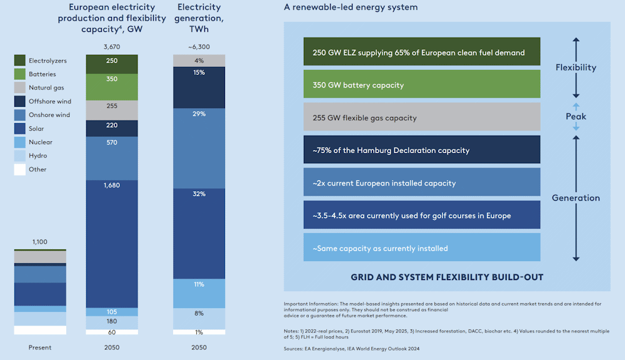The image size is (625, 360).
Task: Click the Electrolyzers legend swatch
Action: tap(20, 61)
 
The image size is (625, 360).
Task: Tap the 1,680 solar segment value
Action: tap(112, 185)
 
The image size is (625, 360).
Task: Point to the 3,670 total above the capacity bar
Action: tap(112, 47)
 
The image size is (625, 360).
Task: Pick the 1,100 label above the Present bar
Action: tap(40, 242)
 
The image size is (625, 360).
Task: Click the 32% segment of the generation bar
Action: tap(199, 194)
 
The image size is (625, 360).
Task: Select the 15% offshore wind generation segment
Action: tap(199, 73)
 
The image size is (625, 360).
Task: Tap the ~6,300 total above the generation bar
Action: tap(199, 47)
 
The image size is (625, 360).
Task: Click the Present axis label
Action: tap(40, 347)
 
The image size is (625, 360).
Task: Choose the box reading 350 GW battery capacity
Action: tap(422, 85)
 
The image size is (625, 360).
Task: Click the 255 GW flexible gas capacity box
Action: tap(422, 117)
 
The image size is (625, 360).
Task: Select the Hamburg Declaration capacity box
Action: tap(422, 150)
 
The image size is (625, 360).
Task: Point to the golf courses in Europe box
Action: tap(422, 215)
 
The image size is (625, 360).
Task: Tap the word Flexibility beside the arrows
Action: tap(576, 67)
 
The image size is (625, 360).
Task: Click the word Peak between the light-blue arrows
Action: tap(576, 116)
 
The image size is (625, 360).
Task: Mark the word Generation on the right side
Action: tap(576, 198)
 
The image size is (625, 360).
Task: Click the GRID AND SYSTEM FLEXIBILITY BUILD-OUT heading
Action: tap(447, 277)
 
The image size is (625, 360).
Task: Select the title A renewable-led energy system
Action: tap(351, 7)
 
